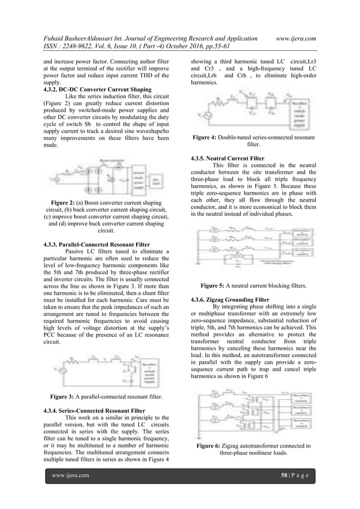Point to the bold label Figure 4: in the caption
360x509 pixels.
tap(208, 137)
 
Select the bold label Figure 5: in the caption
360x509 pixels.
tap(217, 286)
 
